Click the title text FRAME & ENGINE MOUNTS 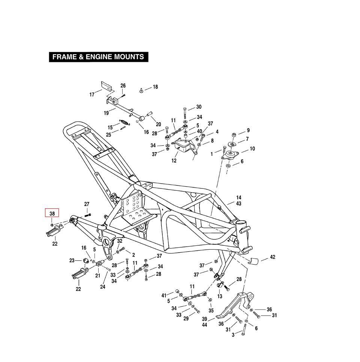[x=98, y=57]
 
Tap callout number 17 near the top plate [x=92, y=95]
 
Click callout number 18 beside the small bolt [x=155, y=87]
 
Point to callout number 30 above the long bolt [x=199, y=107]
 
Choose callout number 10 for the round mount [x=252, y=149]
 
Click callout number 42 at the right [x=273, y=257]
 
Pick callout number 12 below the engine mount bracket [x=174, y=161]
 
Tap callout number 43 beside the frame [x=239, y=203]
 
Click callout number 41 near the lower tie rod [x=164, y=296]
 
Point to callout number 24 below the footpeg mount [x=103, y=287]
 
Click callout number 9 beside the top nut [x=248, y=130]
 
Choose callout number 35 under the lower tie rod [x=211, y=311]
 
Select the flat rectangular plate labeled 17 [x=106, y=86]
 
